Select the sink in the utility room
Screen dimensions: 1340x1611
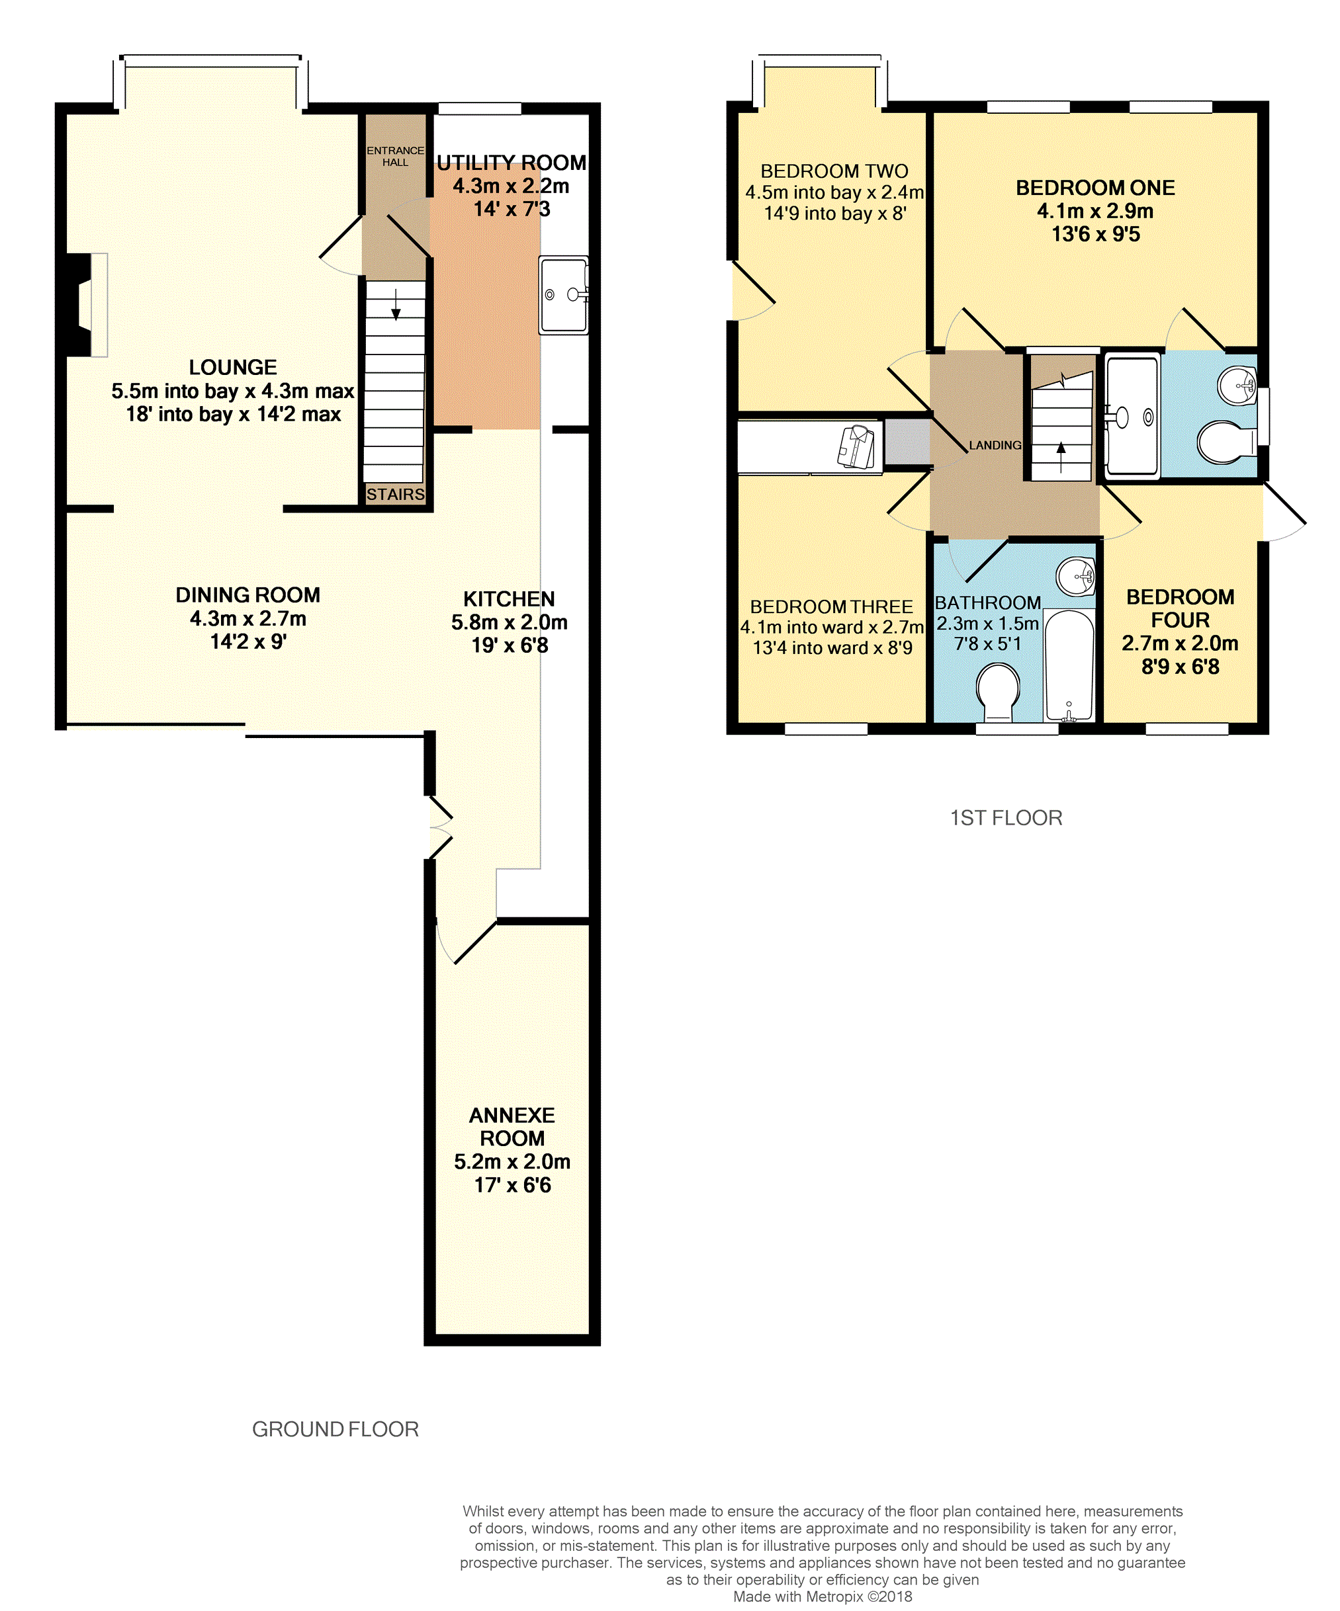pyautogui.click(x=564, y=294)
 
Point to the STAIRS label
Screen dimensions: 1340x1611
pyautogui.click(x=395, y=494)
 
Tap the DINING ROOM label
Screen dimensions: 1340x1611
pyautogui.click(x=248, y=595)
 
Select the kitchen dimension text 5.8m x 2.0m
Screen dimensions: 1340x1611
pyautogui.click(x=510, y=622)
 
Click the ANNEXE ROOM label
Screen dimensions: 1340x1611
pyautogui.click(x=512, y=1127)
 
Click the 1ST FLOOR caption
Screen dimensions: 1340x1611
pyautogui.click(x=1006, y=818)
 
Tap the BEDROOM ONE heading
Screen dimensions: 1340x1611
pyautogui.click(x=1095, y=188)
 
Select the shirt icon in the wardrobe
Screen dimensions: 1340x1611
pyautogui.click(x=856, y=446)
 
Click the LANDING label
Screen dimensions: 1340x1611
pyautogui.click(x=995, y=445)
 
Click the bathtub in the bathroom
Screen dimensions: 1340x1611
pyautogui.click(x=1069, y=665)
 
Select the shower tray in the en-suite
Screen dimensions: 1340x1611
pyautogui.click(x=1132, y=417)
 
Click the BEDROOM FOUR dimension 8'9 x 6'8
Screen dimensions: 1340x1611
pyautogui.click(x=1181, y=667)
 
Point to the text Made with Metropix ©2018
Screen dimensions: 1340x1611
pyautogui.click(x=823, y=1596)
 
